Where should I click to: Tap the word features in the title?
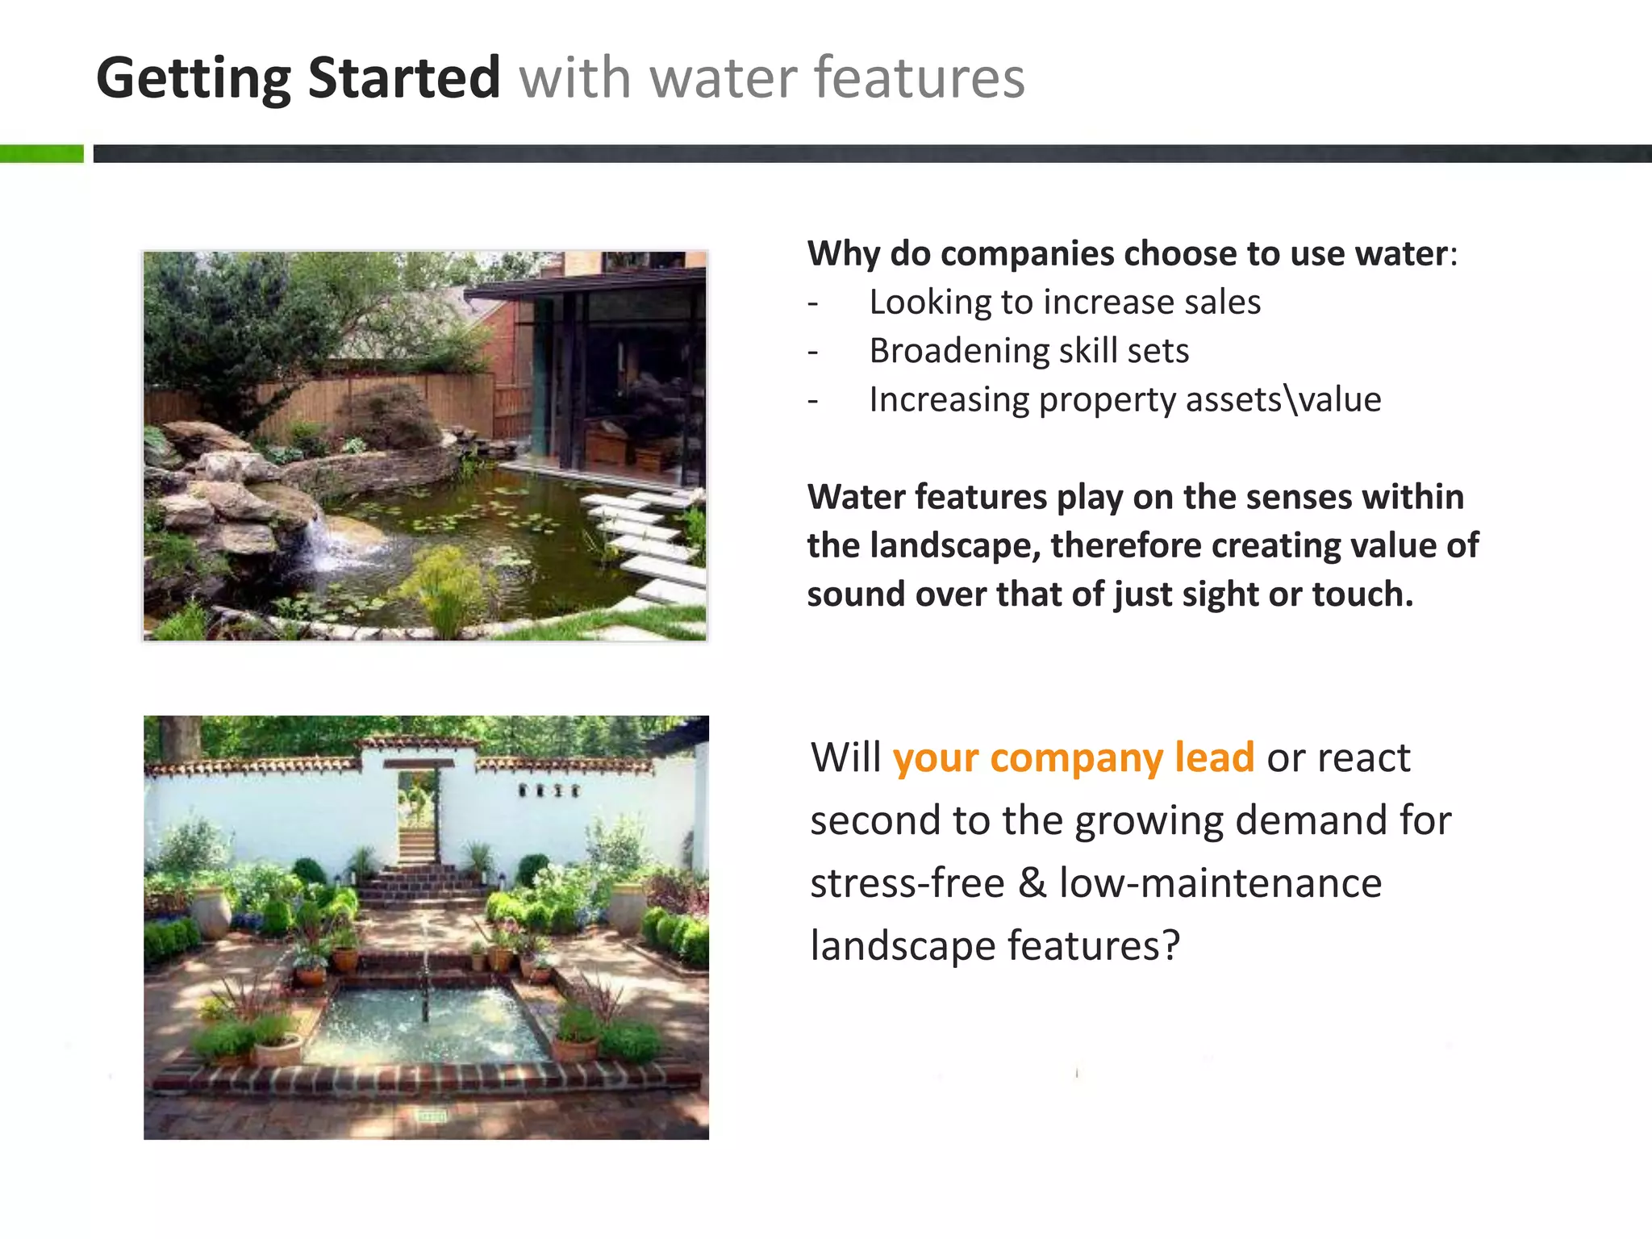pos(919,78)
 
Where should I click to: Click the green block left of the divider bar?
pos(41,153)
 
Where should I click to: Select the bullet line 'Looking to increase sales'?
pos(1064,302)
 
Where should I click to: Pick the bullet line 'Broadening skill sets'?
pos(1028,351)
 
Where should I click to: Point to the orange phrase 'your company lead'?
pos(1073,757)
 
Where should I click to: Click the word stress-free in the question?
pos(907,882)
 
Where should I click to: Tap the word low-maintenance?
pos(1220,882)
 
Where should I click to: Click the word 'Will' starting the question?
pos(845,757)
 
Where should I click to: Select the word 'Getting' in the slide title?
pos(193,78)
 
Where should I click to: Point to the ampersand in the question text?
pos(1032,882)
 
